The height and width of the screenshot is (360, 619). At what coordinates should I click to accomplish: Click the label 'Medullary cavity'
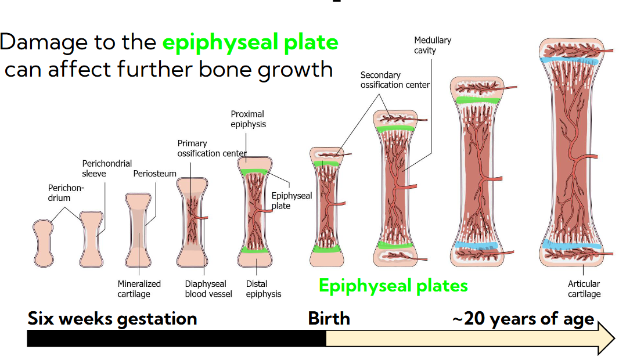click(x=432, y=45)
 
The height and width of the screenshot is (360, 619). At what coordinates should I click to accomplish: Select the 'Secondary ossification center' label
click(x=395, y=80)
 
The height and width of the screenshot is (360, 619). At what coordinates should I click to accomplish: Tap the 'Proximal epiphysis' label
click(x=247, y=119)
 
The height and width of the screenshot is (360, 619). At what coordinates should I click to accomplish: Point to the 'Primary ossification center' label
click(x=208, y=149)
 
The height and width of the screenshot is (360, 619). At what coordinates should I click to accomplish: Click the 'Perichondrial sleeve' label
click(x=107, y=168)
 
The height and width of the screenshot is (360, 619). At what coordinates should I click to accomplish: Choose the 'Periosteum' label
click(x=152, y=173)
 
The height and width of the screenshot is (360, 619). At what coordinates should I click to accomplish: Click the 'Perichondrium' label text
click(x=66, y=193)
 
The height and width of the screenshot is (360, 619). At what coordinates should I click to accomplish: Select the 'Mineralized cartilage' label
click(x=139, y=289)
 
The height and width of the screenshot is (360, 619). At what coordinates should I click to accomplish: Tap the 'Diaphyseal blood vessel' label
click(x=208, y=289)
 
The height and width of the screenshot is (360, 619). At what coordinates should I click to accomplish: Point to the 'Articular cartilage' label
click(x=584, y=289)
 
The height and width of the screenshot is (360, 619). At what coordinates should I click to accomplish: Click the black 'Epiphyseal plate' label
click(x=291, y=200)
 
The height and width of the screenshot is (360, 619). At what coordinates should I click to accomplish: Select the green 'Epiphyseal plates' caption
click(x=393, y=285)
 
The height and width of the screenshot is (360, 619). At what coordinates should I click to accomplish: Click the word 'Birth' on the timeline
click(x=329, y=319)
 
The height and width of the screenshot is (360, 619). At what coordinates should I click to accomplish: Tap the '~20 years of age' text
click(x=522, y=319)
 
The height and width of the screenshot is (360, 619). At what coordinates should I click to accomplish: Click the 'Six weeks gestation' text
click(x=112, y=319)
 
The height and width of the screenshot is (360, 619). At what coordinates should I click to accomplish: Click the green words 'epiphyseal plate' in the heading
click(x=250, y=43)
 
